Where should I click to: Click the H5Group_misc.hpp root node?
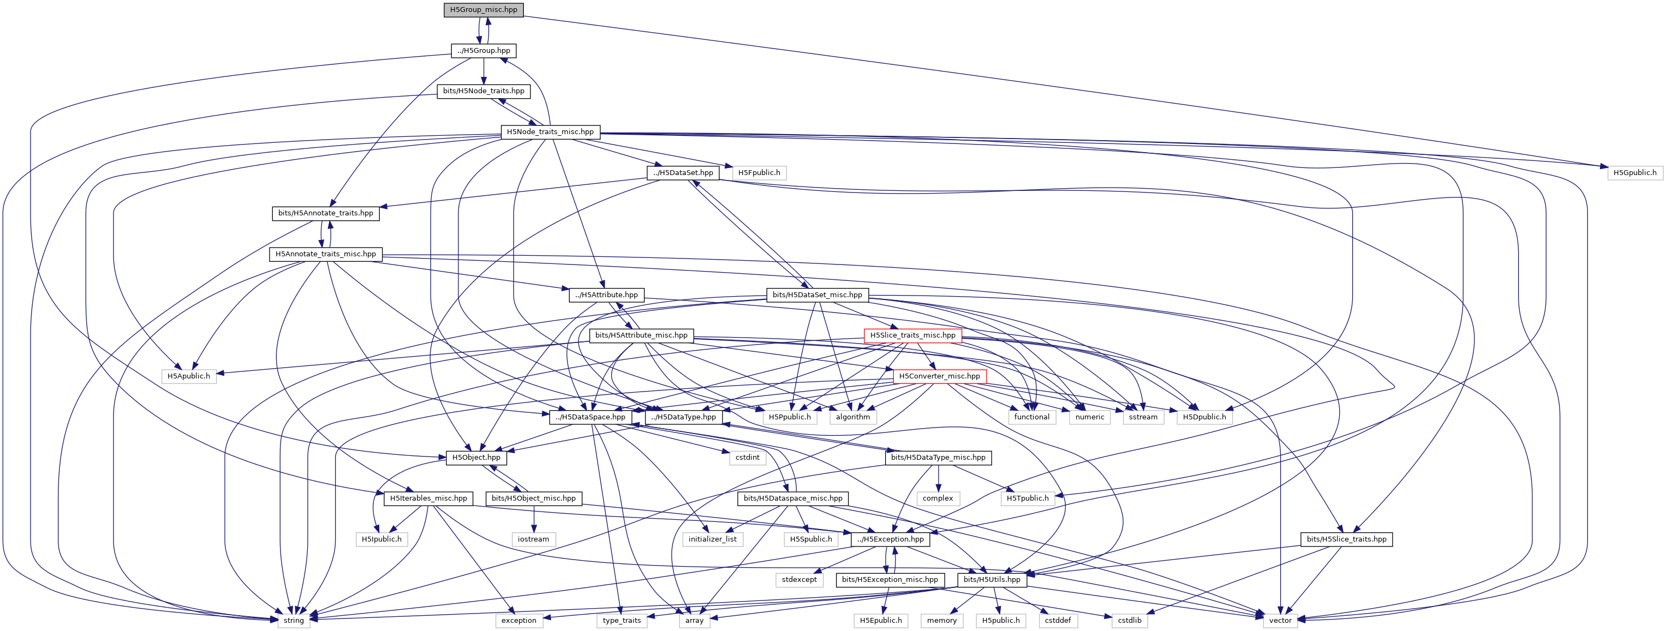[483, 10]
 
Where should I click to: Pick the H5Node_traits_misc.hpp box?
[550, 132]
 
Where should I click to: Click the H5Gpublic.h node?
[1634, 173]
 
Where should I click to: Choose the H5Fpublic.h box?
[759, 173]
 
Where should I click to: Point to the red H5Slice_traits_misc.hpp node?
[912, 335]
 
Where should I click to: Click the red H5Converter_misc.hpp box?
[939, 376]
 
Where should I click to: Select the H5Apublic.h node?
[189, 376]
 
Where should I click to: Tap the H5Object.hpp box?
[476, 458]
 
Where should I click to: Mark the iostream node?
[534, 539]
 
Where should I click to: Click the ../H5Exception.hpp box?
[891, 539]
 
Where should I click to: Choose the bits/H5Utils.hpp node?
[992, 580]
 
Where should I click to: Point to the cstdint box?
[747, 458]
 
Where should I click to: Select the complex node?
[938, 498]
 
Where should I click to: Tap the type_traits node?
[622, 621]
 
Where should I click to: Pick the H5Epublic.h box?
[880, 621]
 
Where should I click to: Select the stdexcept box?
[799, 580]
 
